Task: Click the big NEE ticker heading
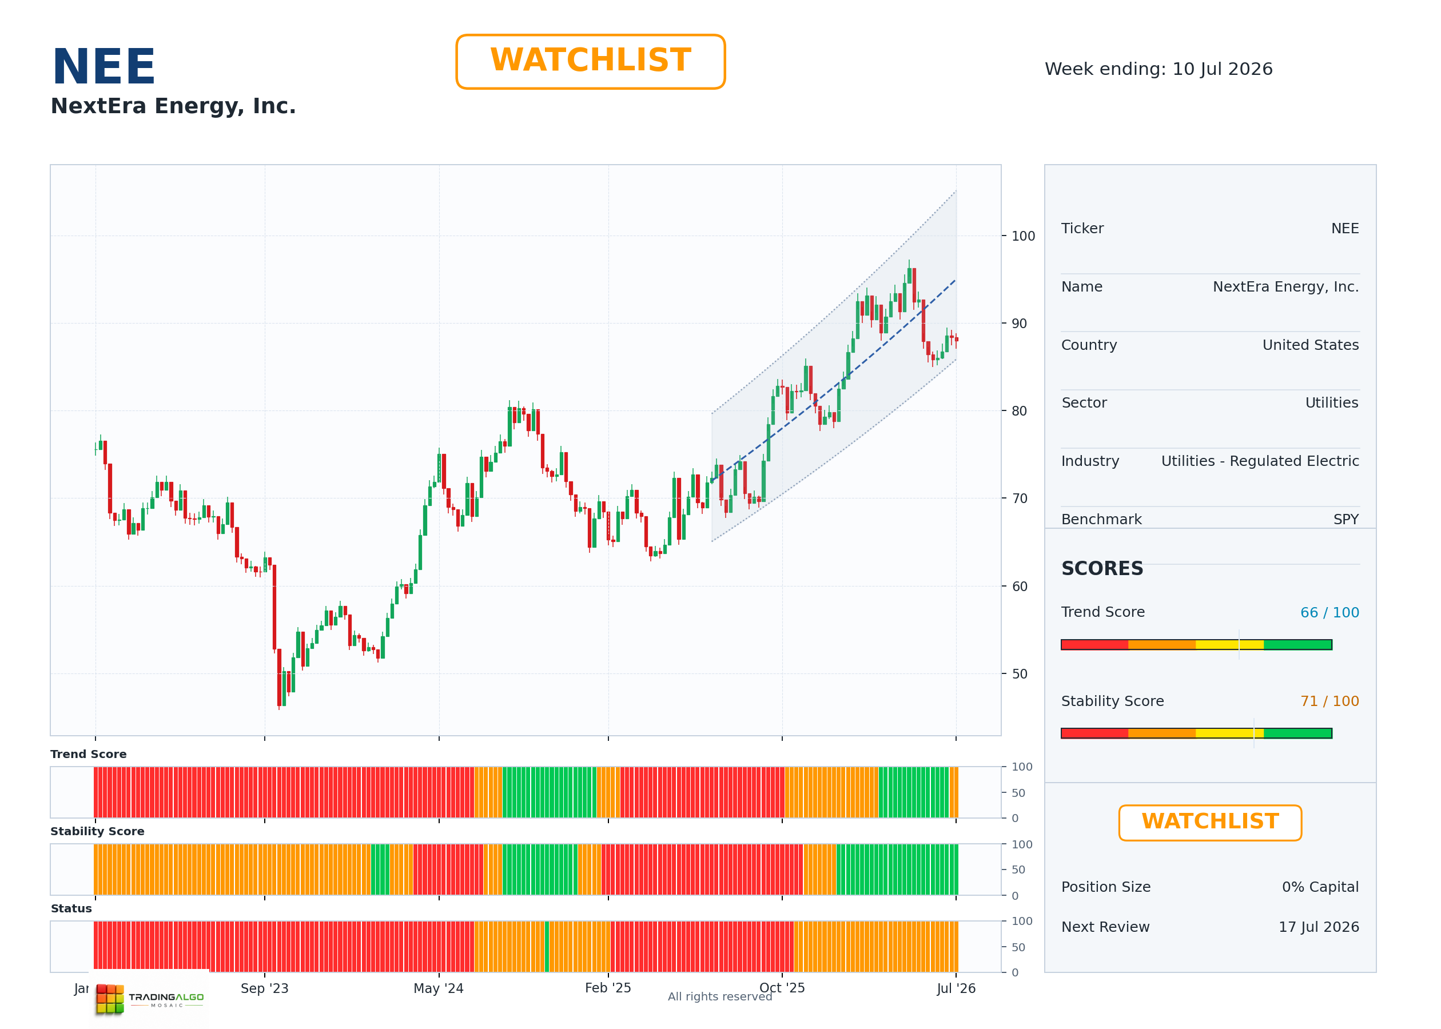(104, 66)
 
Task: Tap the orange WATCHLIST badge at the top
(590, 62)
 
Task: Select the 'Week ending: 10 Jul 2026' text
(1159, 69)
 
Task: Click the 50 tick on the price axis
(1020, 673)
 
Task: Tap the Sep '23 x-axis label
(264, 988)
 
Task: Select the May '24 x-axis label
(439, 988)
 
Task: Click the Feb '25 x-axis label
(608, 988)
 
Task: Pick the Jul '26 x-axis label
(956, 988)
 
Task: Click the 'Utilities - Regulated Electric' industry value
(1260, 461)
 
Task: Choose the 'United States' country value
(1311, 345)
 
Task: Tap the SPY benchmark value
(1346, 520)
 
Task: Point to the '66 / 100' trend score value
(1329, 613)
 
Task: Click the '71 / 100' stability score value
(1329, 701)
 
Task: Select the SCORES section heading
(1102, 568)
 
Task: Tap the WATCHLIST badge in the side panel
(1210, 823)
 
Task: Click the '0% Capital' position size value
(1320, 887)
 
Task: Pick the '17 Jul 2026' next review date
(1319, 927)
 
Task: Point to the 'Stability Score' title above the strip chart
(98, 831)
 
